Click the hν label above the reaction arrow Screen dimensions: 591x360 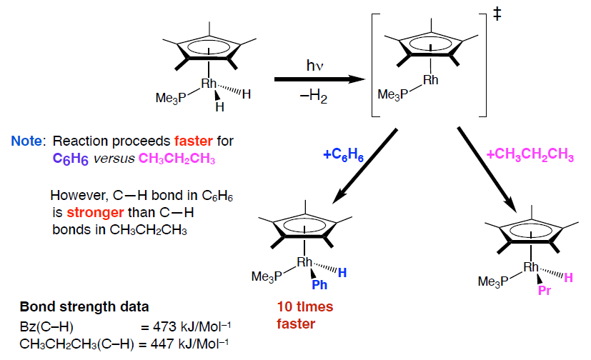(x=314, y=66)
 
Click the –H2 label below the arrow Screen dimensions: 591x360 (x=314, y=97)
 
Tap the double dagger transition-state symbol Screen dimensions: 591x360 (x=497, y=15)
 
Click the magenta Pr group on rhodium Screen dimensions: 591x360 (x=545, y=291)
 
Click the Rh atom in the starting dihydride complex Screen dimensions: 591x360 (x=209, y=84)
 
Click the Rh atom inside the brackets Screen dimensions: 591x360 (x=430, y=80)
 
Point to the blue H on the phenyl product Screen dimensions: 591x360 (x=343, y=272)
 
